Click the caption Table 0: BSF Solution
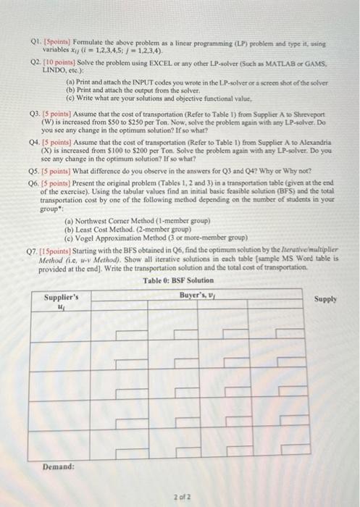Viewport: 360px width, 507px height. [177, 281]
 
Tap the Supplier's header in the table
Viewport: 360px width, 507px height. [62, 297]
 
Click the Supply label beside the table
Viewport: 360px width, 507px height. [327, 298]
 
